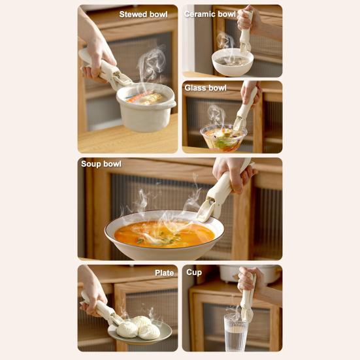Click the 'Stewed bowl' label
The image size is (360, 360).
tap(142, 14)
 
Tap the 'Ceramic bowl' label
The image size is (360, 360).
tap(210, 14)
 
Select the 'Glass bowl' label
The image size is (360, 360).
tap(205, 88)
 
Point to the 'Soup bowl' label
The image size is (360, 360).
tap(101, 163)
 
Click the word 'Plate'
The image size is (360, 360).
tap(164, 272)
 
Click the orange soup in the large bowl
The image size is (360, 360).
tap(163, 233)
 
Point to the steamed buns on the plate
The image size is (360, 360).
tap(138, 327)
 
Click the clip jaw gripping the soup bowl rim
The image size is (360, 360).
tap(208, 209)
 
